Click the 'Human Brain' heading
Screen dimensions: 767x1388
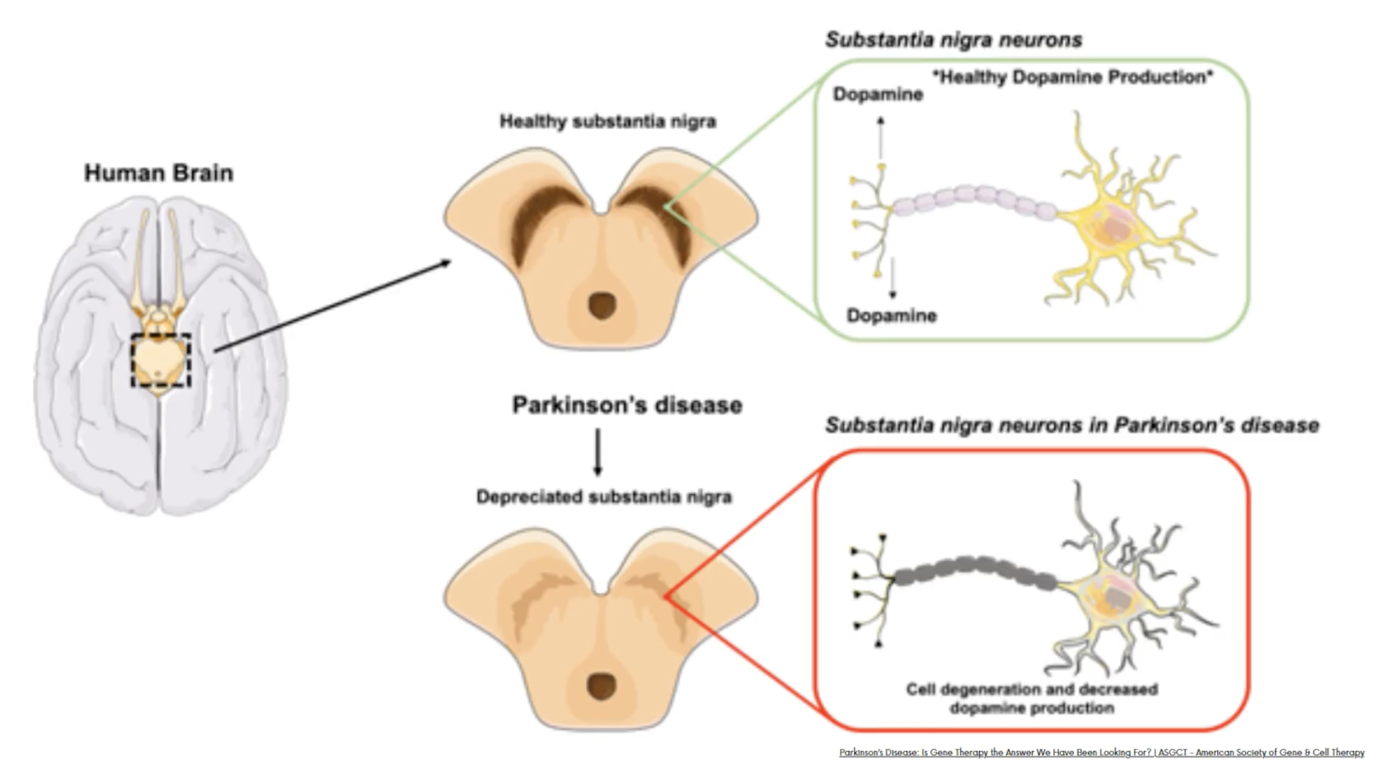(x=159, y=173)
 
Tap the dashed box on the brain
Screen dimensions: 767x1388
(x=160, y=360)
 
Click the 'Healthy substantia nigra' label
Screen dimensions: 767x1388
(x=608, y=121)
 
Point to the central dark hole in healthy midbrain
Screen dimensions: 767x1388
(x=602, y=306)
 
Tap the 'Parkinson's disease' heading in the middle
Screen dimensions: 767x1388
(x=627, y=405)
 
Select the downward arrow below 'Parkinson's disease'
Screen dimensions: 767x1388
(x=598, y=452)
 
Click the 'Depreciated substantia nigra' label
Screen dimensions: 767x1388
(x=604, y=496)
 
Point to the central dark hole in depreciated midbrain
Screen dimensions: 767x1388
(x=601, y=686)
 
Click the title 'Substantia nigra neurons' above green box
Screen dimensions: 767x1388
(x=953, y=40)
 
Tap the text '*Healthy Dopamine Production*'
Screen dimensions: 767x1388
(x=1073, y=77)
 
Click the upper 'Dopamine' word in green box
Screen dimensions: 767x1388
(x=878, y=94)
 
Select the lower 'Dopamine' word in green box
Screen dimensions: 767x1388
(x=891, y=315)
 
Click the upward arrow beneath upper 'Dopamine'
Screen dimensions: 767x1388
(x=880, y=138)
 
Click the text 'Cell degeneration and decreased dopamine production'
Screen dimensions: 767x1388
(x=1032, y=698)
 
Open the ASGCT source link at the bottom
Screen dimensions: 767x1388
(x=1101, y=752)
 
